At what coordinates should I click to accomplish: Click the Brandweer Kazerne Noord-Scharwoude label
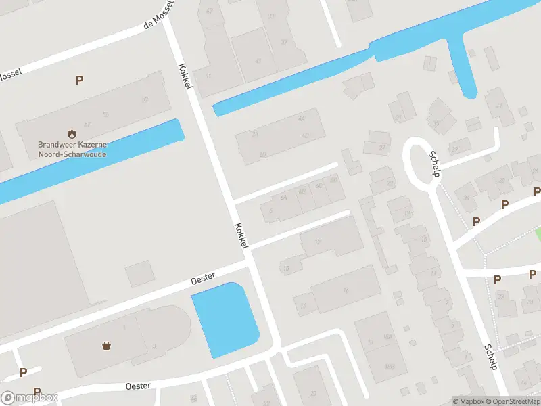[72, 150]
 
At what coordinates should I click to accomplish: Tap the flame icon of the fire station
[72, 134]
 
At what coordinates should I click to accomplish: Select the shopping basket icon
[107, 345]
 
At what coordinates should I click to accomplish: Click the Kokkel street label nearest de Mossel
[184, 77]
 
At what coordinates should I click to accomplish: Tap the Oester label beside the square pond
[203, 277]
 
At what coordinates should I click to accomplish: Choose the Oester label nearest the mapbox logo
[138, 385]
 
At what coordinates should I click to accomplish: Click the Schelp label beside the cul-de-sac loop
[434, 163]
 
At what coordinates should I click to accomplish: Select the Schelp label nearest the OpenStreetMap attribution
[492, 357]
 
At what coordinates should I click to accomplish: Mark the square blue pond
[225, 319]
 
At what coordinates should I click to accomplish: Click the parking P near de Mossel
[79, 80]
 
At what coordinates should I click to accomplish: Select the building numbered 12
[319, 242]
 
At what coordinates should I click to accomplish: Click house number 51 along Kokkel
[208, 75]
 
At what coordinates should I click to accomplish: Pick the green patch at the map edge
[538, 233]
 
